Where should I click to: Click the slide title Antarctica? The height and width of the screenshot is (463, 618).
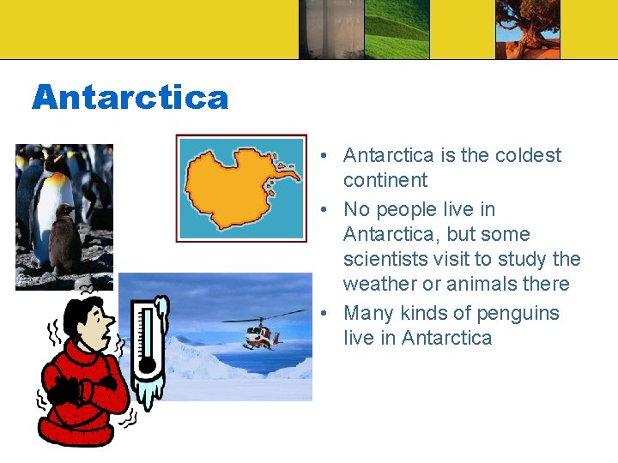[x=130, y=98]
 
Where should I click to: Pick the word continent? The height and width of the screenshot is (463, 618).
[x=385, y=180]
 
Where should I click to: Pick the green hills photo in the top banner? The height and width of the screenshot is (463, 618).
[x=396, y=29]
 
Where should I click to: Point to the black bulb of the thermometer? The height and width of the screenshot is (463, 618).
[x=148, y=366]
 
